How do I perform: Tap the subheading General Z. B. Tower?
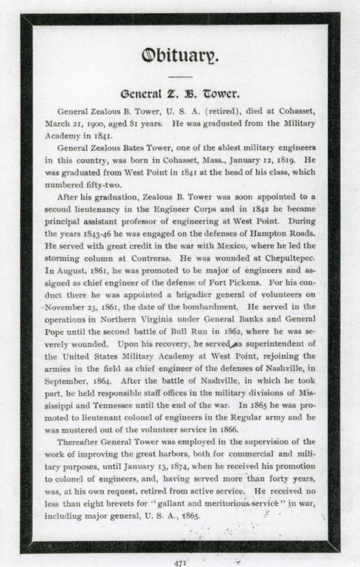pyautogui.click(x=180, y=93)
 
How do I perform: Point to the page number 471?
pyautogui.click(x=180, y=561)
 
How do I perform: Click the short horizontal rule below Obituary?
pyautogui.click(x=180, y=76)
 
